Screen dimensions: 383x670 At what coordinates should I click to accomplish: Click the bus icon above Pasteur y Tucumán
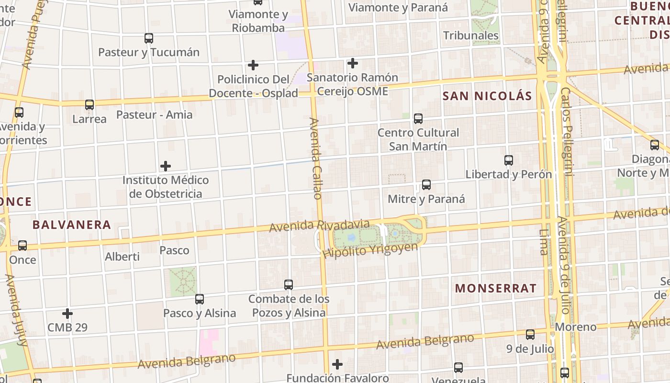pyautogui.click(x=149, y=38)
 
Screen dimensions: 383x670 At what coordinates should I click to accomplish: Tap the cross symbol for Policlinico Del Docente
pyautogui.click(x=253, y=65)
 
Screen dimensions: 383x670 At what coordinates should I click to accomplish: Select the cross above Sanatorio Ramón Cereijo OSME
pyautogui.click(x=353, y=63)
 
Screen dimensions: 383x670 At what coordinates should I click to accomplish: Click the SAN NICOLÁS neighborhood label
pyautogui.click(x=487, y=96)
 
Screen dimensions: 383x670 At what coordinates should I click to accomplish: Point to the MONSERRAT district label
pyautogui.click(x=496, y=288)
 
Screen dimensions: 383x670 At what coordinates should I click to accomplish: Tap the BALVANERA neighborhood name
pyautogui.click(x=72, y=225)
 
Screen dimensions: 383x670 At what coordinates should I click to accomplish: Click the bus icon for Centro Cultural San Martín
pyautogui.click(x=418, y=118)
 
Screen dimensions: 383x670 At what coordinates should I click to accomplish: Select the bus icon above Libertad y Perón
pyautogui.click(x=509, y=160)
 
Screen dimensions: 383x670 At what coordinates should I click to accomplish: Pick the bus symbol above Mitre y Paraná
pyautogui.click(x=426, y=184)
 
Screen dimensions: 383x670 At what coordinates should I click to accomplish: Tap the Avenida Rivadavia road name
pyautogui.click(x=319, y=225)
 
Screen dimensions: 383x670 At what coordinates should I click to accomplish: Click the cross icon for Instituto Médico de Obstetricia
pyautogui.click(x=166, y=166)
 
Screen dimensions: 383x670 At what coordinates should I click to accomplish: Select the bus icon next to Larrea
pyautogui.click(x=89, y=104)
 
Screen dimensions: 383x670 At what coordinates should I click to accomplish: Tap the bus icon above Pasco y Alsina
pyautogui.click(x=200, y=299)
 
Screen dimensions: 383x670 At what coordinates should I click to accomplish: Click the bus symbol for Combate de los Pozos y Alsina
pyautogui.click(x=289, y=285)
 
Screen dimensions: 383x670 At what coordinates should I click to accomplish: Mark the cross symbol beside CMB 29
pyautogui.click(x=67, y=314)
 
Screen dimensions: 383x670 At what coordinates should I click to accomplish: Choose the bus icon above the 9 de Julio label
pyautogui.click(x=530, y=335)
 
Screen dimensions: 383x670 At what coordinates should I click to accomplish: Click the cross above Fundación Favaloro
pyautogui.click(x=337, y=364)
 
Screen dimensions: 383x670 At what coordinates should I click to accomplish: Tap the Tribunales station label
pyautogui.click(x=471, y=35)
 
